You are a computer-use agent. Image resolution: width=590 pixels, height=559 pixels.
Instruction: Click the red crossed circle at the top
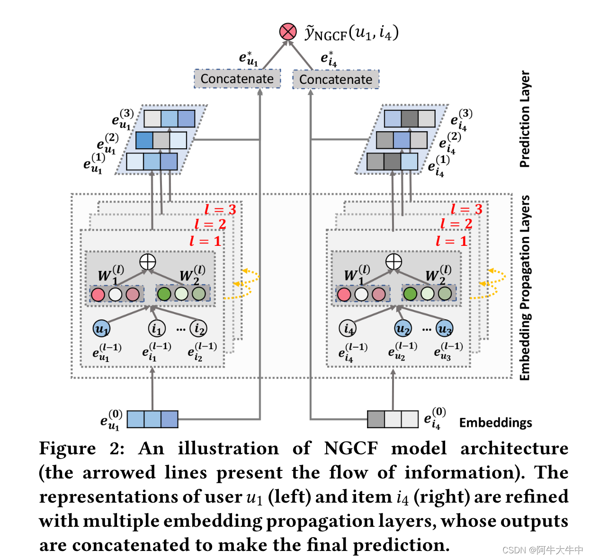coord(288,32)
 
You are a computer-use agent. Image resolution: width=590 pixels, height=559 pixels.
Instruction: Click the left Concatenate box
coord(237,79)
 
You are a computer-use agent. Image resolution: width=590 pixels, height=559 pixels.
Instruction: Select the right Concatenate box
coord(336,79)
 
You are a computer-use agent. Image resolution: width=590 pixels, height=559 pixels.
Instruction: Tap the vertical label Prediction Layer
coord(525,119)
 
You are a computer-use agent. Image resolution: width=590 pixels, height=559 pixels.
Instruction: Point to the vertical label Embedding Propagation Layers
coord(525,288)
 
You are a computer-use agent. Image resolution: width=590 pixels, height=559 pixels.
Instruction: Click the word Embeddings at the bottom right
coord(495,423)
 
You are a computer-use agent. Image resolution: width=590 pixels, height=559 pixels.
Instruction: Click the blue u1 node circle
coord(101,328)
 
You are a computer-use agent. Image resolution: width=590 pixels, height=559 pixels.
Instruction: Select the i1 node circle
coord(157,328)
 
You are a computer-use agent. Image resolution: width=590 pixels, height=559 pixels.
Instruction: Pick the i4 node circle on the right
coord(348,328)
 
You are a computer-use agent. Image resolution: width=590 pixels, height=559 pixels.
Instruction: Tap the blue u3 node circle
coord(445,328)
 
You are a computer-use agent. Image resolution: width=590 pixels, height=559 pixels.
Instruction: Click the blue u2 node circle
coord(402,328)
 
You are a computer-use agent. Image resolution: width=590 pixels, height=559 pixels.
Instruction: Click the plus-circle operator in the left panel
coord(148,261)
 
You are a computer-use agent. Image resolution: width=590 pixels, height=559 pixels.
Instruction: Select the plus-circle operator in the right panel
coord(393,261)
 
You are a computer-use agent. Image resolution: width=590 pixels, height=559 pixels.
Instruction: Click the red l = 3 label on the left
coord(220,209)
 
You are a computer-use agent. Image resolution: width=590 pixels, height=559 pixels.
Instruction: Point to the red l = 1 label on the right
coord(451,241)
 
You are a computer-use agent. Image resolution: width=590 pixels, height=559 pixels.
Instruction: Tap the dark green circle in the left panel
coord(164,294)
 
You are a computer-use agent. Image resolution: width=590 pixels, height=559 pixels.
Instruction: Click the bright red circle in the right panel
coord(344,294)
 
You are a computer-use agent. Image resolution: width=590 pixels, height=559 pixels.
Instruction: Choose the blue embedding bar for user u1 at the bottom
coord(152,419)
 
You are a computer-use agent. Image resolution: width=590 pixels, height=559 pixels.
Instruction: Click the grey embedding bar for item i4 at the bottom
coord(393,419)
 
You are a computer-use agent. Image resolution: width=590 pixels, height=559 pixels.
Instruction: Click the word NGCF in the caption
coord(351,448)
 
